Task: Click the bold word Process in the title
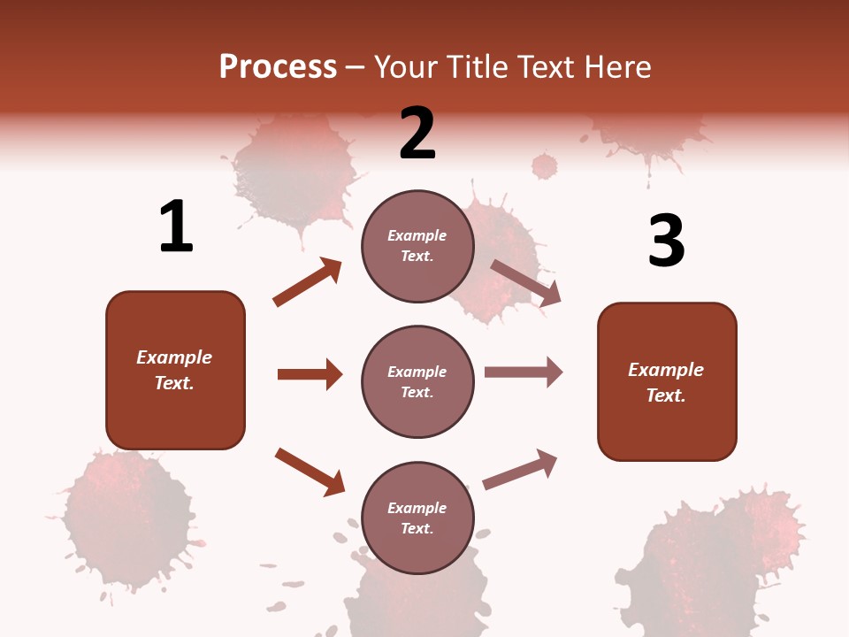[278, 66]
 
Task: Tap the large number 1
[176, 226]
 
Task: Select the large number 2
[417, 134]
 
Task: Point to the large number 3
[666, 241]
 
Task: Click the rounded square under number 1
[175, 370]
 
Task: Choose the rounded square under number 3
[667, 381]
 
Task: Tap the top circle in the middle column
[417, 246]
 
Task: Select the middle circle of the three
[417, 381]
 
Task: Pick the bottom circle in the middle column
[417, 518]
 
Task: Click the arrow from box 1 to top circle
[307, 282]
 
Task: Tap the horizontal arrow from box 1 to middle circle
[310, 374]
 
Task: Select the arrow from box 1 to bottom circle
[310, 472]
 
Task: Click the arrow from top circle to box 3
[526, 283]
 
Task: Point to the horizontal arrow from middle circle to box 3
[524, 372]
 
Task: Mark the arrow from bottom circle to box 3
[521, 470]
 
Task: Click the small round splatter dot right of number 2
[545, 165]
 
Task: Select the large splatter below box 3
[716, 566]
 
